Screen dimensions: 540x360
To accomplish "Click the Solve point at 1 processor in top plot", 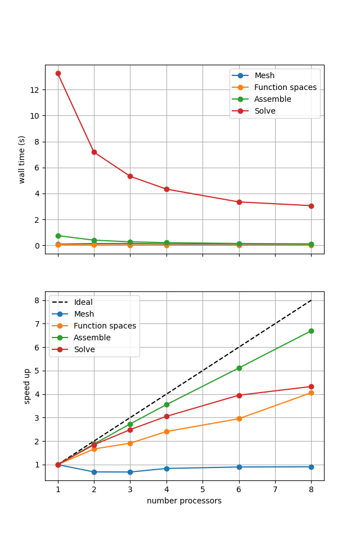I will (x=58, y=73).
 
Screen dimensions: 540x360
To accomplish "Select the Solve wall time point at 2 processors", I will (x=94, y=152).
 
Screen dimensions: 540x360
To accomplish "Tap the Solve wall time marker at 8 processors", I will (x=311, y=206).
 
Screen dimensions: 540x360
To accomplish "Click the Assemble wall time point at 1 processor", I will (x=58, y=236).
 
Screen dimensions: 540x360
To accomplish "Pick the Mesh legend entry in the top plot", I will (x=264, y=76).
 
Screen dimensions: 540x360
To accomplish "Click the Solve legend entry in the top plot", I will (x=264, y=111).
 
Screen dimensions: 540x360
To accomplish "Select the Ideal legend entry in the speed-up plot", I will (x=83, y=303).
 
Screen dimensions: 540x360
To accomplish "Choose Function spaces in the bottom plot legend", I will (x=105, y=326).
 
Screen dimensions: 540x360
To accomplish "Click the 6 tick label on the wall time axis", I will (x=38, y=168).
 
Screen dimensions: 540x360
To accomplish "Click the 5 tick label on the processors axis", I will (x=202, y=489).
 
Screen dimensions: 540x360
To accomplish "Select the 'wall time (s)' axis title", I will (x=22, y=159).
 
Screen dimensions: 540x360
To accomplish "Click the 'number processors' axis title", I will (x=184, y=501).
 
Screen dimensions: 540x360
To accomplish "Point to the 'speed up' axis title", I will (x=27, y=386).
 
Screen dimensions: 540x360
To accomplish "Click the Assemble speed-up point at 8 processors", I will (x=311, y=331).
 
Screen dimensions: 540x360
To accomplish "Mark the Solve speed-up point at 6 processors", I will (x=239, y=395).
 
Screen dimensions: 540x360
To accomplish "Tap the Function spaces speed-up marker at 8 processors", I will (x=311, y=393).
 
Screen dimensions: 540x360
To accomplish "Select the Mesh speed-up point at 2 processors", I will (x=94, y=472).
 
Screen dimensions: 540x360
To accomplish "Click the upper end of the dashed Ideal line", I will (x=311, y=300).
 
